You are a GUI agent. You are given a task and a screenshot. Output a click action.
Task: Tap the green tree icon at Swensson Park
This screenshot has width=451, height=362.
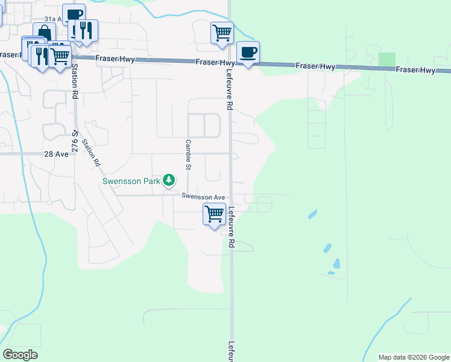click(x=169, y=180)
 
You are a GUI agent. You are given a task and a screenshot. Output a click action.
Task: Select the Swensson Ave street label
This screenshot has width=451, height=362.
click(x=203, y=197)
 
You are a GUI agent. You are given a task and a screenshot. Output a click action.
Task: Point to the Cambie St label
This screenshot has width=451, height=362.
click(x=188, y=154)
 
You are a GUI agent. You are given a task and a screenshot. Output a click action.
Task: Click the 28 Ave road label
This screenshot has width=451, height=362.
click(x=57, y=154)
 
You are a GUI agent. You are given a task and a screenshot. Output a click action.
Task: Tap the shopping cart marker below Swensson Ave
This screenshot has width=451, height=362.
click(x=215, y=214)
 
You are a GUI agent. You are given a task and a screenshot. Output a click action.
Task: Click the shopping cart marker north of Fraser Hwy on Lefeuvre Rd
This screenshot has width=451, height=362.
click(x=222, y=32)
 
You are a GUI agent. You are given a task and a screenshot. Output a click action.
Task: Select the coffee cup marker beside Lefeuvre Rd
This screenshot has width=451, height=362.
click(x=248, y=52)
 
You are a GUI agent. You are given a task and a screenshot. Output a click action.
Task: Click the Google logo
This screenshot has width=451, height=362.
click(x=20, y=355)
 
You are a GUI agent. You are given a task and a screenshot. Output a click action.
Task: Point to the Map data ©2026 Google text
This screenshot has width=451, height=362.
click(x=413, y=357)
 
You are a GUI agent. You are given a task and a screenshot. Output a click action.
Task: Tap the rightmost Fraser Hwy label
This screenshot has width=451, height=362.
click(x=415, y=70)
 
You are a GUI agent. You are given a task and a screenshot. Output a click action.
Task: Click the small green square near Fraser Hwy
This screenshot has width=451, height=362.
click(x=386, y=60)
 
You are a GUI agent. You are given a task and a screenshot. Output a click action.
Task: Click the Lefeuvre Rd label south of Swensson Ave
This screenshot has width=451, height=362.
click(x=231, y=227)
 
